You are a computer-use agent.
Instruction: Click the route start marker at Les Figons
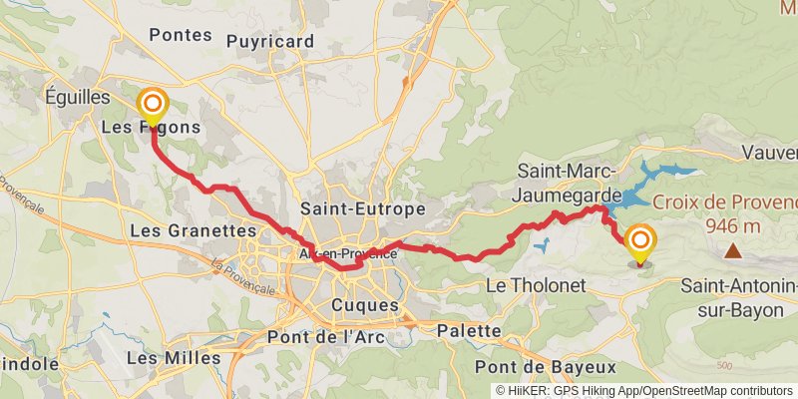pos(153,105)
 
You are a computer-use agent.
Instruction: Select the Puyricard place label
pos(270,42)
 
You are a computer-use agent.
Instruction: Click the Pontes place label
pos(181,34)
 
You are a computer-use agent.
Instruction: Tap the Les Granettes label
pos(194,230)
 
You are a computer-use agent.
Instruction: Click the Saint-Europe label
pos(363,209)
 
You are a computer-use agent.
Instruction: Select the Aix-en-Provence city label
pos(348,254)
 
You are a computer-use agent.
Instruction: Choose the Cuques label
pos(364,305)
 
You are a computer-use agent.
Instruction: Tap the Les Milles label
pos(175,357)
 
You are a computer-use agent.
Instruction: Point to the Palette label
pos(469,330)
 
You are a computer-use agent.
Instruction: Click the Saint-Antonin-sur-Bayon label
pos(739,298)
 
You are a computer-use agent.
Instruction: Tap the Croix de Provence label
pos(725,204)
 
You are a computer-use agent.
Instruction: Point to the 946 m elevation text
pos(733,226)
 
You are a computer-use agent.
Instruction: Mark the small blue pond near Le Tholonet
pos(542,244)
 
